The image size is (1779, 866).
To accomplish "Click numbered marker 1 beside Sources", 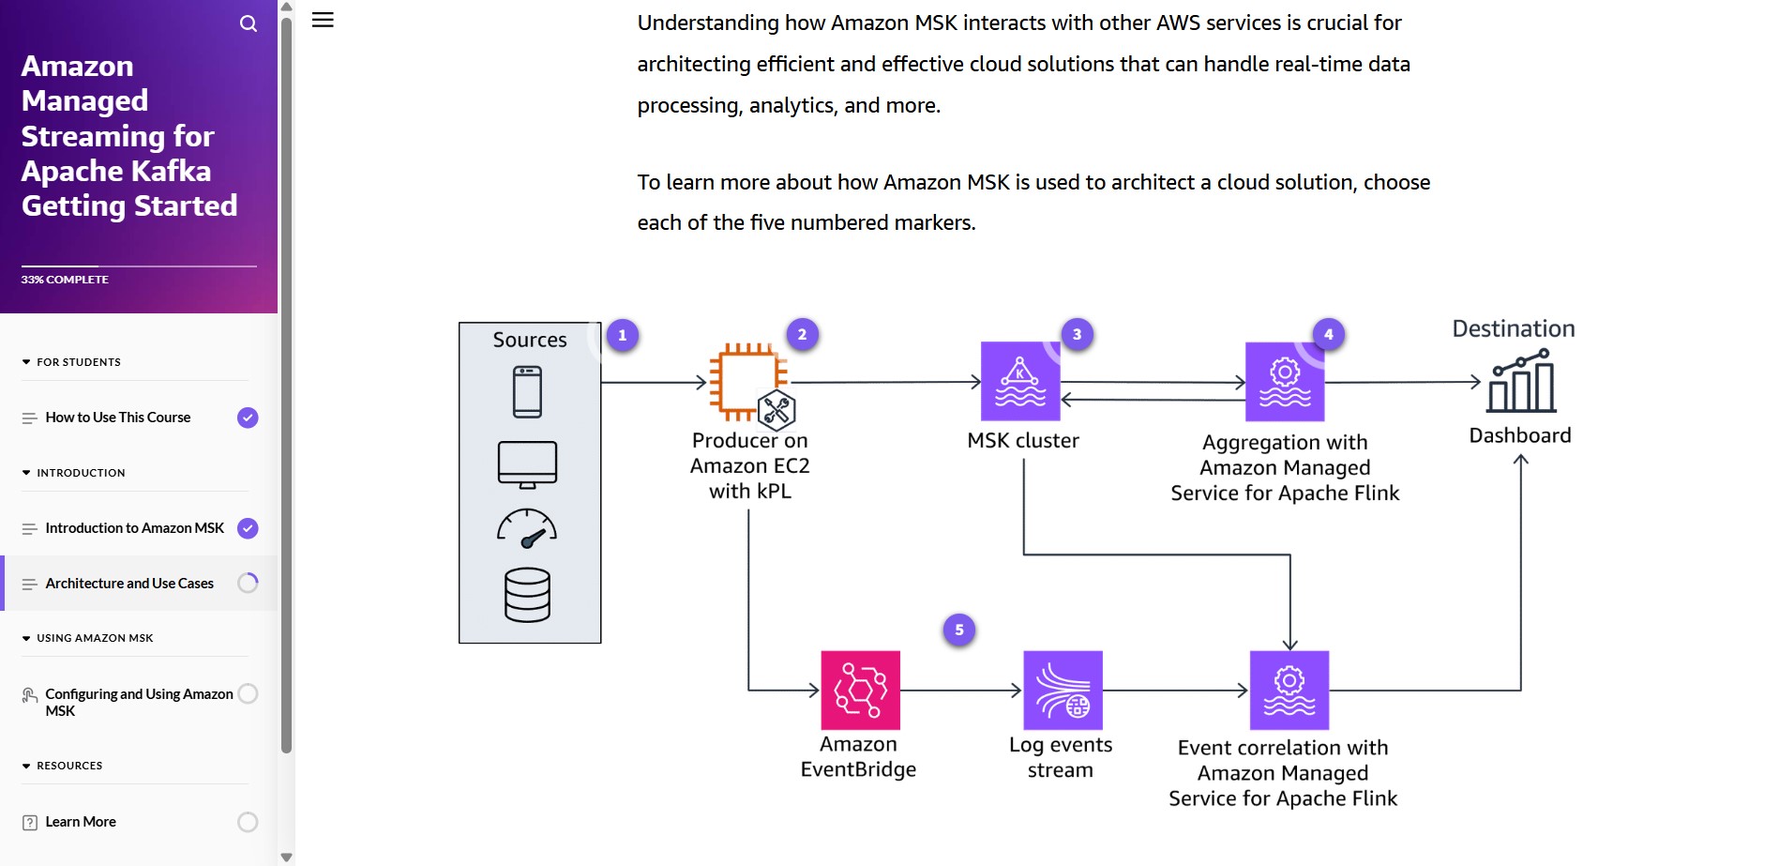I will [x=622, y=335].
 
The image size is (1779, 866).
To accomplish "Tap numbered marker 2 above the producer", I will [x=802, y=334].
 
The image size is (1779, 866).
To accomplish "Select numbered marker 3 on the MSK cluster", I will [x=1077, y=334].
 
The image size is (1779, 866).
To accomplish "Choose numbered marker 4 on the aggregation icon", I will [x=1328, y=334].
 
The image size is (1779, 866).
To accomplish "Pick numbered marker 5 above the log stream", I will [x=958, y=630].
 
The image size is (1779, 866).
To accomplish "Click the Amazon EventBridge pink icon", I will [x=860, y=691].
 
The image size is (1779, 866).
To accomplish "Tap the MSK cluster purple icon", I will [x=1019, y=382].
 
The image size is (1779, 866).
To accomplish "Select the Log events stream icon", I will [x=1063, y=691].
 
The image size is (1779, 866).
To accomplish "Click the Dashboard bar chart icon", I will [x=1520, y=382].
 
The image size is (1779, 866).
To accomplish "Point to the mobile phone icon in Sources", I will [x=527, y=391].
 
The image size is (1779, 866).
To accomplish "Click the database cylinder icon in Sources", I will [x=527, y=595].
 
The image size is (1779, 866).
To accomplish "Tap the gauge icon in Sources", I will [x=527, y=528].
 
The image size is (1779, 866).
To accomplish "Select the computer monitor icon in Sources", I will [x=527, y=464].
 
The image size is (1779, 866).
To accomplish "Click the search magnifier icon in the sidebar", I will [x=249, y=23].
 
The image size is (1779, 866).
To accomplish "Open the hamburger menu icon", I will [x=323, y=20].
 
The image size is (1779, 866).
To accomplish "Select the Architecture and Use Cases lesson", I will [x=129, y=584].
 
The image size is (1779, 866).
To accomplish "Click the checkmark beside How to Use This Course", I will [x=248, y=418].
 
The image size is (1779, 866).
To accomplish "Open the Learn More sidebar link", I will [x=81, y=822].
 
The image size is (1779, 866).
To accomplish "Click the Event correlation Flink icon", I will [x=1289, y=691].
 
